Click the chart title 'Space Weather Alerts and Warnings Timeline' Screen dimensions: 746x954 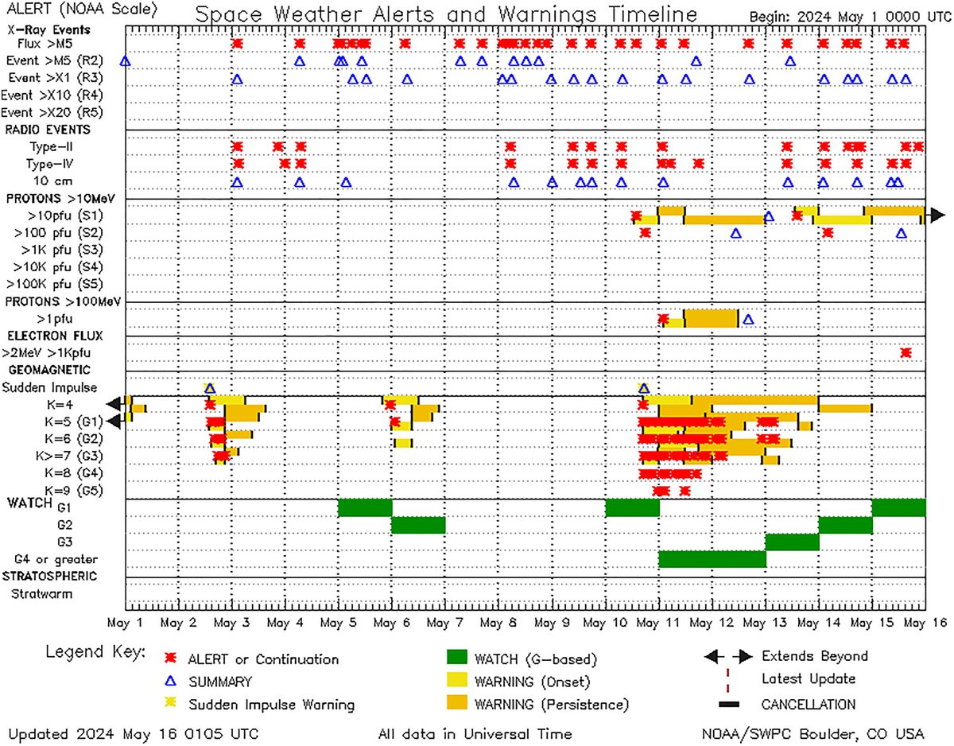pyautogui.click(x=447, y=15)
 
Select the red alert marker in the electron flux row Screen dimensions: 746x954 pyautogui.click(x=906, y=352)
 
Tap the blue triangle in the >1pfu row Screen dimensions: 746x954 pyautogui.click(x=747, y=319)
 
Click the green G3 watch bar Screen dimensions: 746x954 pyautogui.click(x=792, y=542)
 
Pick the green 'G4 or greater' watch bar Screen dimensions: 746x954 pyautogui.click(x=712, y=558)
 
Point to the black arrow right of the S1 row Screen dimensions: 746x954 pyautogui.click(x=937, y=215)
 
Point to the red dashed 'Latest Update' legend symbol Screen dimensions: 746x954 pyautogui.click(x=727, y=680)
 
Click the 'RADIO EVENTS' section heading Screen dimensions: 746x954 pyautogui.click(x=48, y=130)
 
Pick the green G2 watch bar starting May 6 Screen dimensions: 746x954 pyautogui.click(x=418, y=525)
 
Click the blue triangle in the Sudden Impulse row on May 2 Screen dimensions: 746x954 pyautogui.click(x=210, y=388)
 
